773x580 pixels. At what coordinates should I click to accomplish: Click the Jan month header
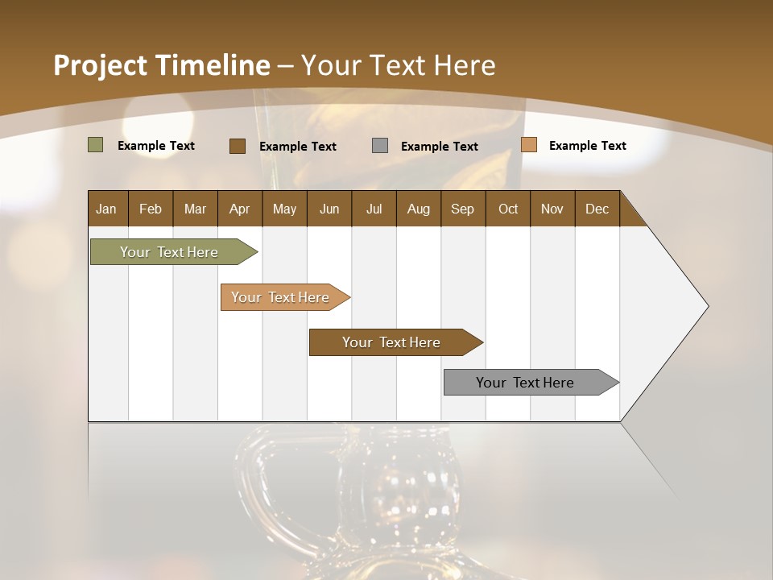coord(107,209)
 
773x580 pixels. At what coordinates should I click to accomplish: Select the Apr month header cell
coord(240,209)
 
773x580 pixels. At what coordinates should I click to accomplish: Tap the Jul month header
coord(374,209)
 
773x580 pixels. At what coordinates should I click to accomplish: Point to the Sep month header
coord(463,209)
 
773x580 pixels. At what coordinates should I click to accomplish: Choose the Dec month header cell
coord(597,209)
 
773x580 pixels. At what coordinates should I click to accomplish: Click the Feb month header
coord(151,209)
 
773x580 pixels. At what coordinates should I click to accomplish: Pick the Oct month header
coord(508,209)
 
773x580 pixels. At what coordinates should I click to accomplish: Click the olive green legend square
coord(96,145)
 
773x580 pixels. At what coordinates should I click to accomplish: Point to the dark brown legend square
coord(238,146)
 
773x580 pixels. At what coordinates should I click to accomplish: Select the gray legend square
coord(380,146)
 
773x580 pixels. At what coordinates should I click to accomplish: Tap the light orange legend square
coord(528,145)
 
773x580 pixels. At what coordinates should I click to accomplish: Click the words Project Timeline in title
coord(162,65)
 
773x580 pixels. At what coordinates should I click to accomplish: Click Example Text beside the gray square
coord(439,147)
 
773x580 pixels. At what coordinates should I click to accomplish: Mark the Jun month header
coord(329,209)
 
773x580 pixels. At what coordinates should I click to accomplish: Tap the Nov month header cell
coord(552,209)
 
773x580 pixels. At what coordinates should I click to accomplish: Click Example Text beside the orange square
coord(587,146)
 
